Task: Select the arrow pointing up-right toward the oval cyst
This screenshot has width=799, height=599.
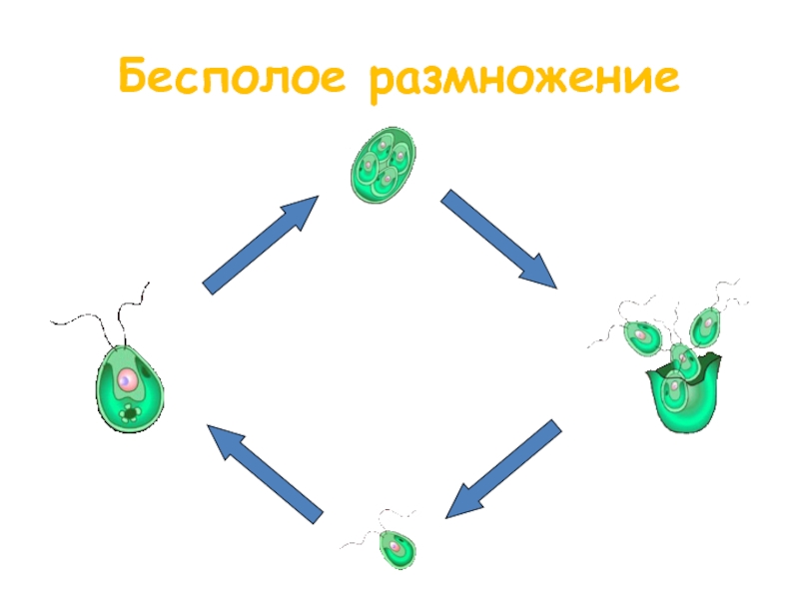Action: click(260, 244)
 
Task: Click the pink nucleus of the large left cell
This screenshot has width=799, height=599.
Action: click(128, 379)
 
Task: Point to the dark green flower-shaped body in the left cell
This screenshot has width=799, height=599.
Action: click(129, 411)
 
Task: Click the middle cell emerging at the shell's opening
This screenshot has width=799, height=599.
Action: click(682, 357)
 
